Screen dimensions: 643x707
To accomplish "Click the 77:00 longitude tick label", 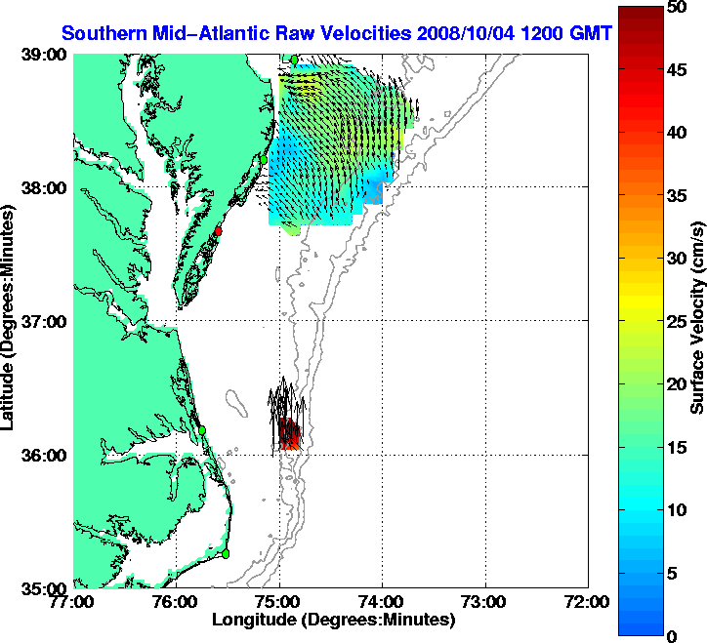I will [74, 601].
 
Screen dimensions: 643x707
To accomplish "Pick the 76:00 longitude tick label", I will [177, 601].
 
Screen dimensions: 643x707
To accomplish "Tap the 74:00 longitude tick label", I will [383, 601].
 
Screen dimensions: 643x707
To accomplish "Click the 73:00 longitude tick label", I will [485, 601].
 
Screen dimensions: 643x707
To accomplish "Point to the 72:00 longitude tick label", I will [588, 601].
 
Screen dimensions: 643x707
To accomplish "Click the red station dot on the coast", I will [220, 231].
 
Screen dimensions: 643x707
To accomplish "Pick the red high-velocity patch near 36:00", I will [289, 434].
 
